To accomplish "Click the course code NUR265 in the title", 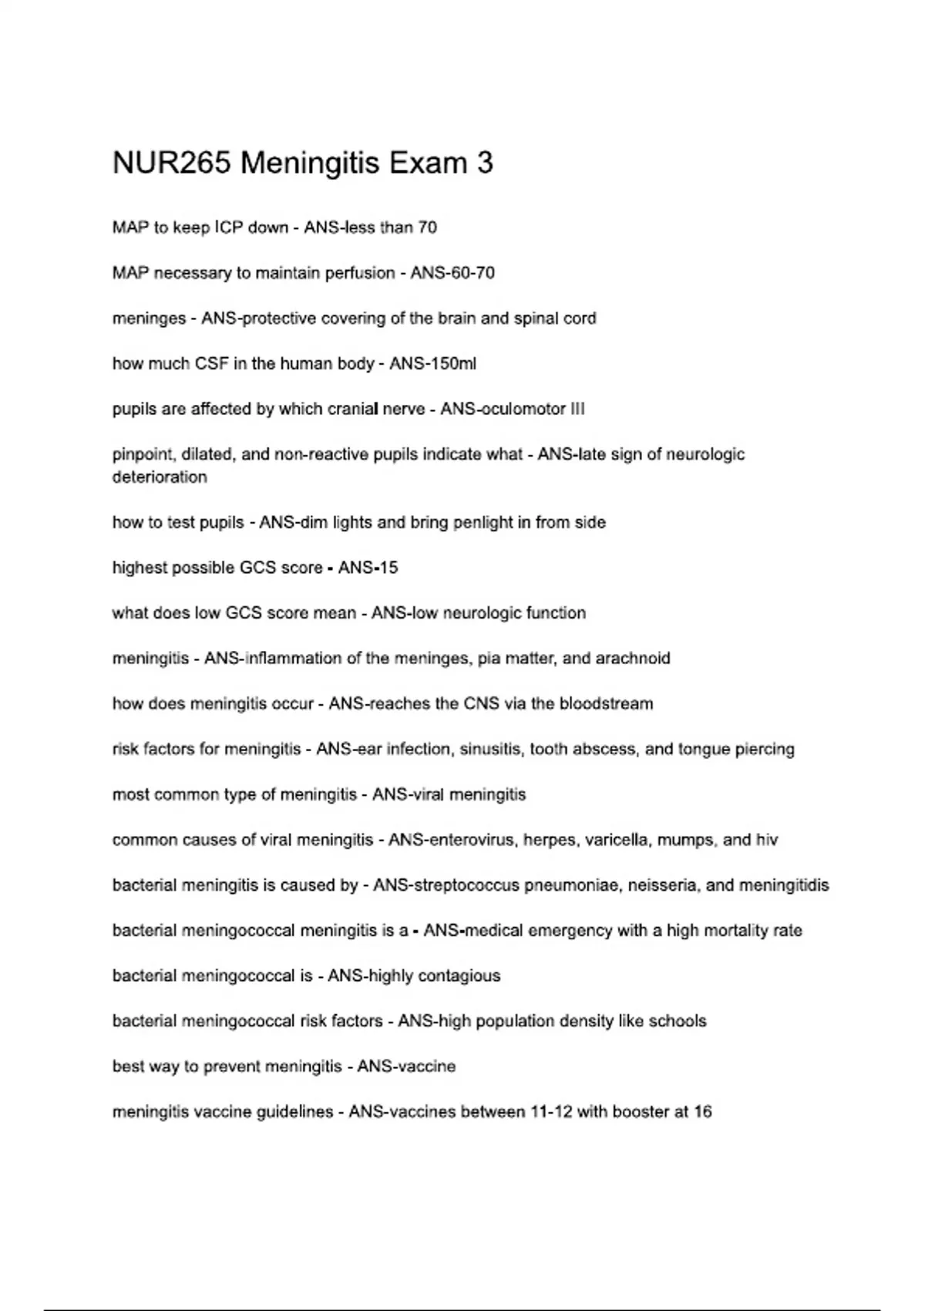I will coord(171,163).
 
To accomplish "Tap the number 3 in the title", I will coord(485,163).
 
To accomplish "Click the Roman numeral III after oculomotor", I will coord(577,409).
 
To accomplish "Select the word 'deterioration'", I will coord(160,477).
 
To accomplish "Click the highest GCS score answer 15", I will coord(388,568).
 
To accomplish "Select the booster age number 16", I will coord(702,1112).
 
